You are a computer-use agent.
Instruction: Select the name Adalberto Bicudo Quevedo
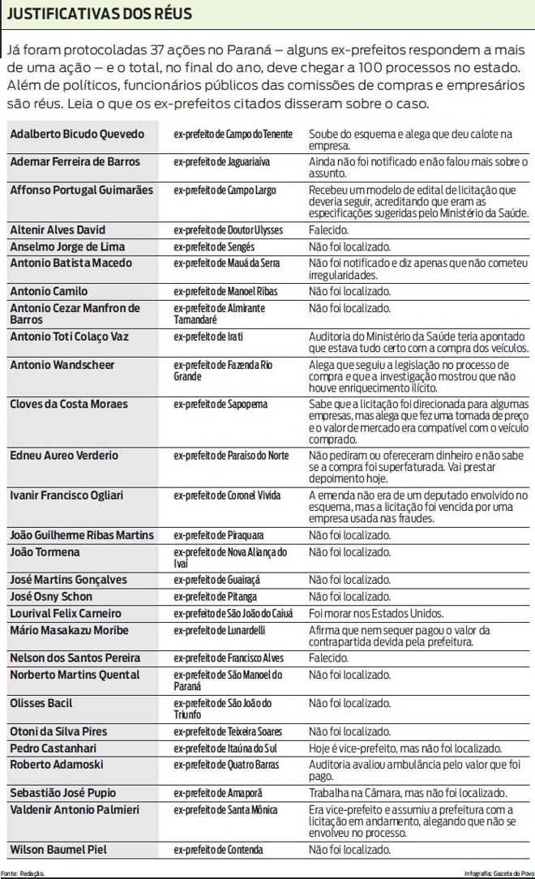coord(77,134)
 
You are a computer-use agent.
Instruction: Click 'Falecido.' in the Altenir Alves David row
coord(328,230)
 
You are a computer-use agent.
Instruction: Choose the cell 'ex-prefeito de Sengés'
coord(214,247)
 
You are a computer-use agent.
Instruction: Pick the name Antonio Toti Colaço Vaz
coord(70,337)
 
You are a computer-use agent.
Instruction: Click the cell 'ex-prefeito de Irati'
coord(208,337)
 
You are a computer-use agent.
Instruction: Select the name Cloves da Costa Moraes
coord(69,404)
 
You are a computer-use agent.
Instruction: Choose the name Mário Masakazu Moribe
coord(69,630)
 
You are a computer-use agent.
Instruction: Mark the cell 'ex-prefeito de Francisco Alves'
coord(226,658)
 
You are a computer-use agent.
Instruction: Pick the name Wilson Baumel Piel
coord(58,850)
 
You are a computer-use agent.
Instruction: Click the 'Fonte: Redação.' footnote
coord(23,873)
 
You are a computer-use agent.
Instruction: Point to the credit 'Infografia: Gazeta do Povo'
coord(498,873)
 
